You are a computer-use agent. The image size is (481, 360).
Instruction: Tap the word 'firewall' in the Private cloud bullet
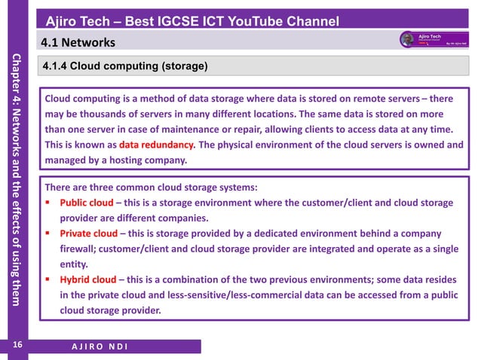(x=79, y=249)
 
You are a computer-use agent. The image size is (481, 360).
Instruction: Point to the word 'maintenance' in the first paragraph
(x=213, y=130)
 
